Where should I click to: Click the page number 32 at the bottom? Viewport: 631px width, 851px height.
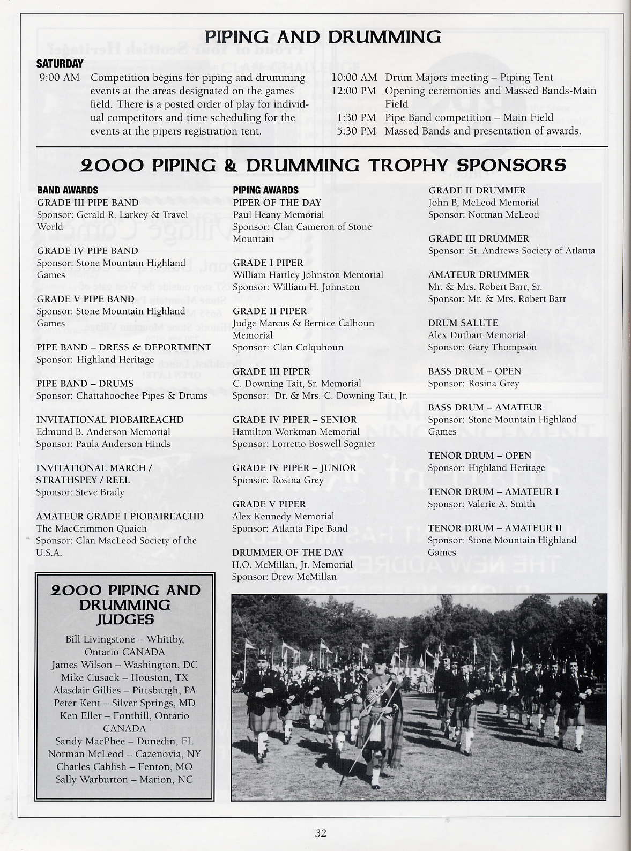point(321,833)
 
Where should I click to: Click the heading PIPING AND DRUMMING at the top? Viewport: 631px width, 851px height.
point(323,36)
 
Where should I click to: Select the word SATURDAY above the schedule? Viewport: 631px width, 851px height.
point(60,64)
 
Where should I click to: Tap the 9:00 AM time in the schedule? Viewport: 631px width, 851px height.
point(60,78)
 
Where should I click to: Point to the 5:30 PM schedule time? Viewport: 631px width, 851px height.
point(357,131)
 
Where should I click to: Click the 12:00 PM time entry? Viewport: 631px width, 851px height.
point(354,91)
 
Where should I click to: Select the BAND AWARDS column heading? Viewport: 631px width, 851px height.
point(68,190)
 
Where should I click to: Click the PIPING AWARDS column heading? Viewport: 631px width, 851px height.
point(265,190)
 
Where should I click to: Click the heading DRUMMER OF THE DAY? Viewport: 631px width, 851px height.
point(287,552)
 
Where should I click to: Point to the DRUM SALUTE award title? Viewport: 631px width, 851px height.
point(463,323)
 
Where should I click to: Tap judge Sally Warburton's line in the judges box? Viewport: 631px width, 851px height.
point(124,779)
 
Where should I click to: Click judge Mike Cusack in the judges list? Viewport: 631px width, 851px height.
point(124,677)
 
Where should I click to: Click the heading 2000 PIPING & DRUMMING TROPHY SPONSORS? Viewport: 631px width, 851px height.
point(323,165)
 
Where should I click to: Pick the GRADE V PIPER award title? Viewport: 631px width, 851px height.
point(269,504)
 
